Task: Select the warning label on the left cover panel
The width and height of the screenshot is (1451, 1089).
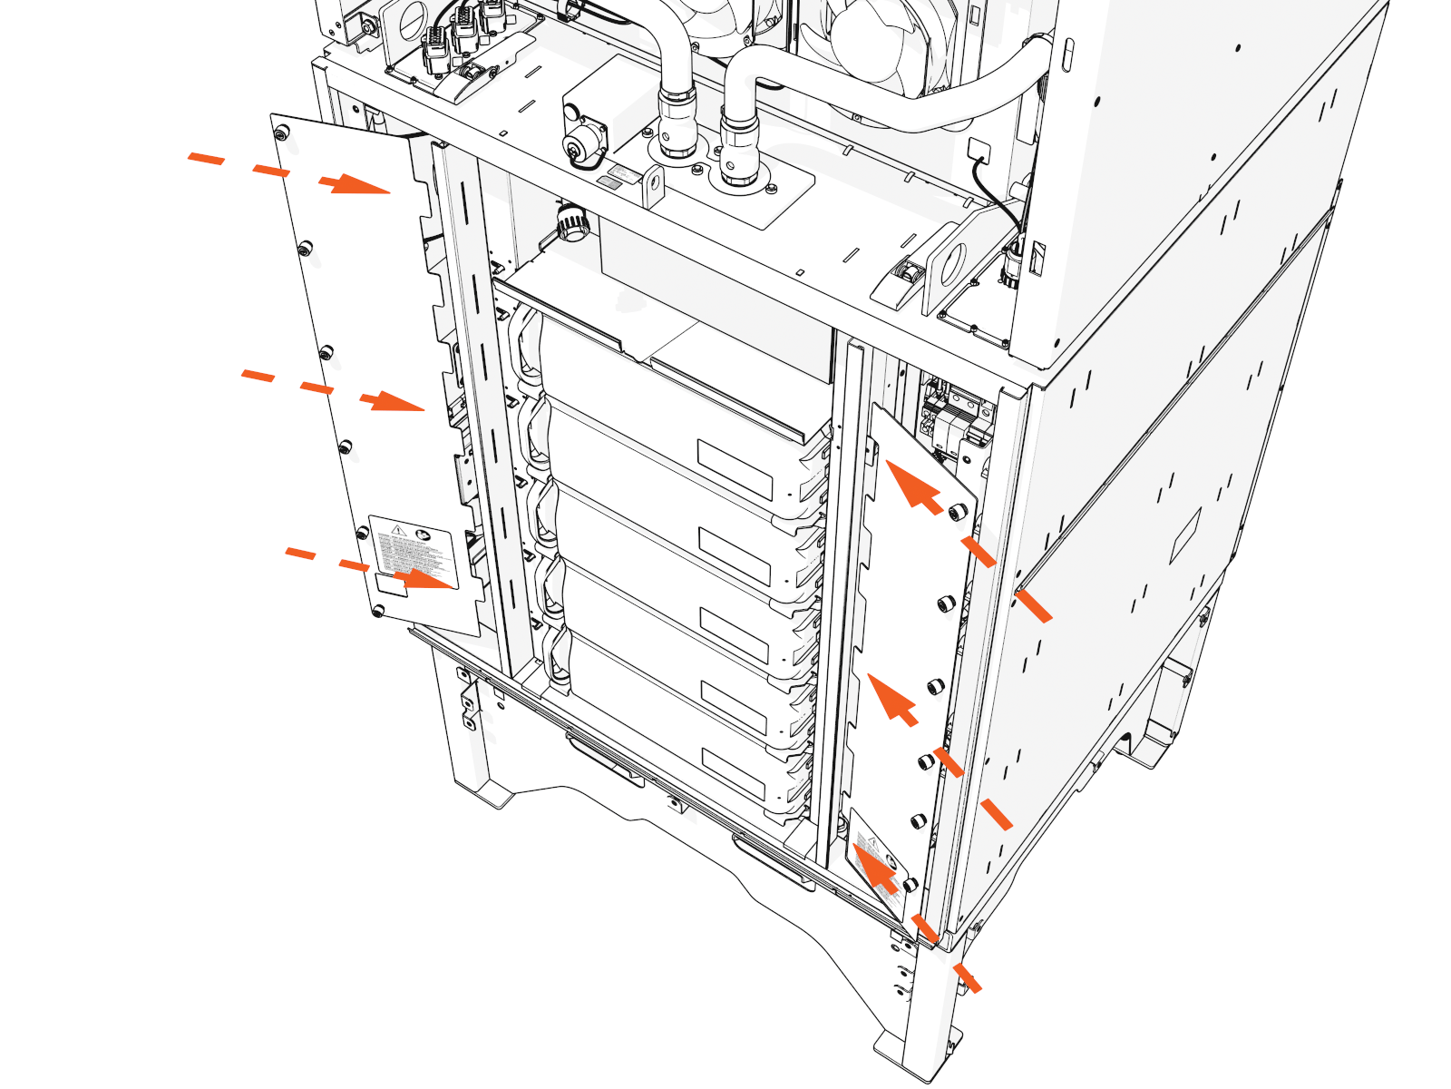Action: [414, 555]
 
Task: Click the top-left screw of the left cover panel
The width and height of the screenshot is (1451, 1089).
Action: [280, 133]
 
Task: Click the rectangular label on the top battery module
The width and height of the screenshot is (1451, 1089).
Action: [735, 470]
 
